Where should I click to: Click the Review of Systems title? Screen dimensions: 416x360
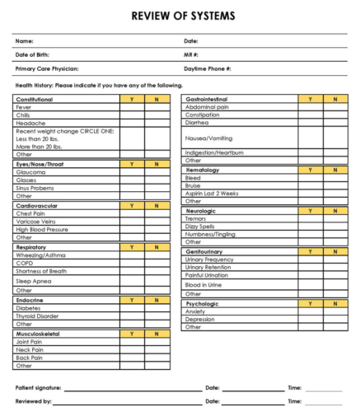tap(183, 16)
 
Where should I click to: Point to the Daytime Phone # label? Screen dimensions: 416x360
tap(207, 68)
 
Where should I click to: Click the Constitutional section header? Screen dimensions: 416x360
tap(34, 99)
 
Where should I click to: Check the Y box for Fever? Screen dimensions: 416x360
tap(132, 107)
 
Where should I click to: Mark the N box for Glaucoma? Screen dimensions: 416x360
tap(157, 171)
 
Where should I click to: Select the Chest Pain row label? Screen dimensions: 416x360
tap(32, 213)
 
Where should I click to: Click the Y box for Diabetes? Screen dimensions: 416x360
tap(132, 308)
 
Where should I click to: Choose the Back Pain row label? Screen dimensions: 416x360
tap(30, 357)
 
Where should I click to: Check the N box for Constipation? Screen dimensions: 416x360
tap(335, 115)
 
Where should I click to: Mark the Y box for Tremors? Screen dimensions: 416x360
tap(310, 218)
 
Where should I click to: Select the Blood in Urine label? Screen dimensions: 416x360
tap(205, 283)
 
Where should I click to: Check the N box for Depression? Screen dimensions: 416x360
tap(335, 319)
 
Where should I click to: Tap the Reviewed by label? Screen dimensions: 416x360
tap(33, 401)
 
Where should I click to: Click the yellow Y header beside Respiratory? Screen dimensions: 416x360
tap(132, 245)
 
